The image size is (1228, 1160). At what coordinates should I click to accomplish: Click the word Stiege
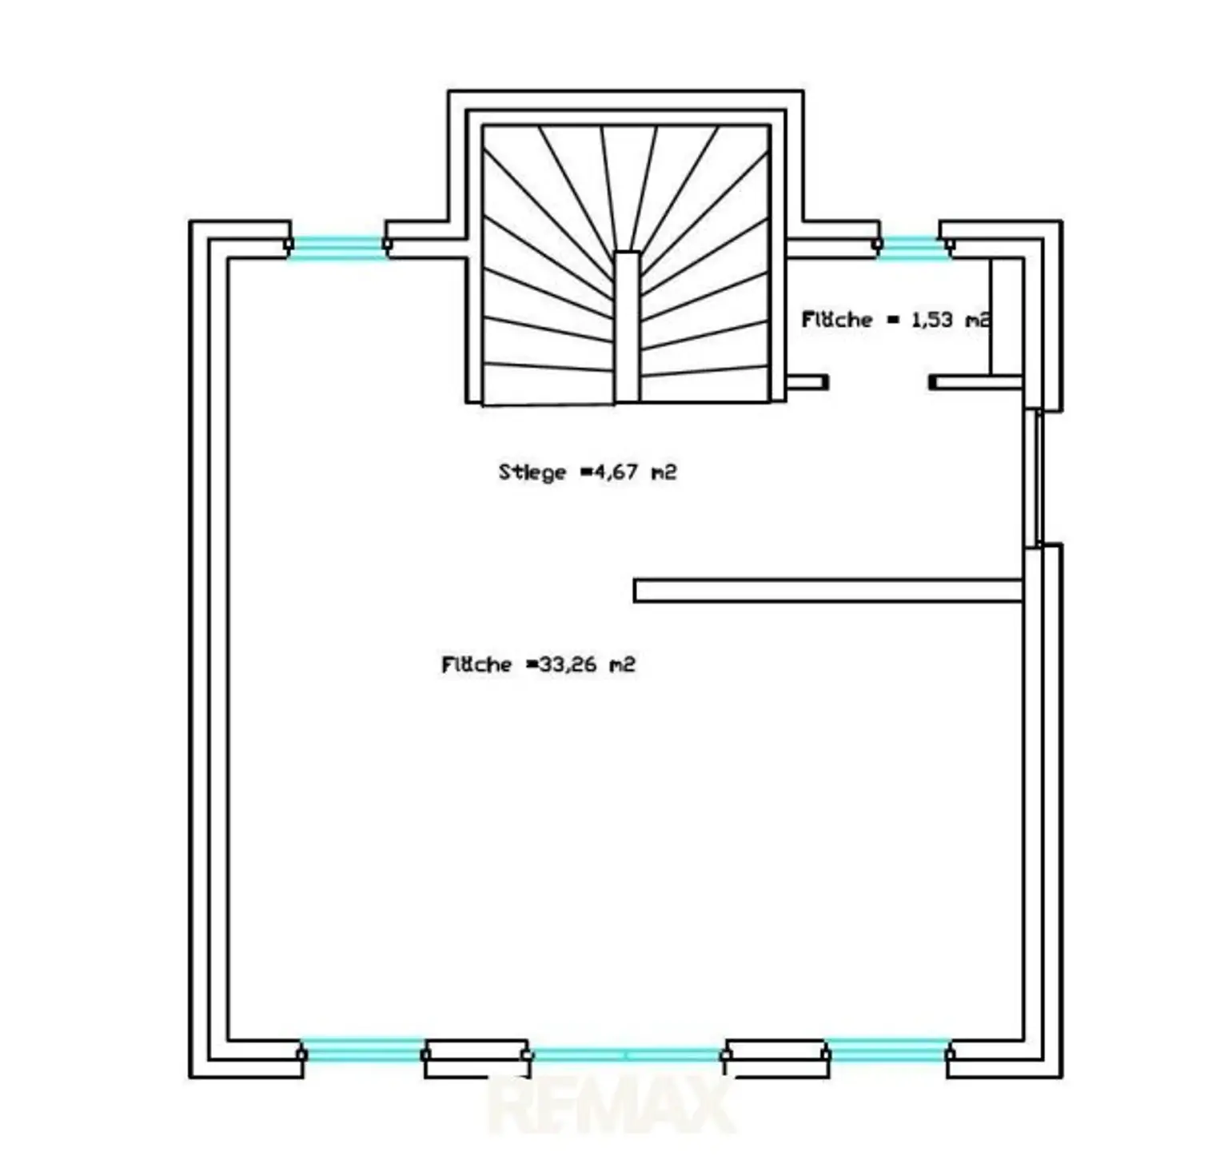(x=532, y=472)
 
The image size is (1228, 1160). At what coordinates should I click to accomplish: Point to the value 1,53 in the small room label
(x=932, y=319)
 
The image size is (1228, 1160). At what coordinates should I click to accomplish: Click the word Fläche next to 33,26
(x=476, y=664)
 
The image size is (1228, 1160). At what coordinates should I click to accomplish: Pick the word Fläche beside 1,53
(x=837, y=319)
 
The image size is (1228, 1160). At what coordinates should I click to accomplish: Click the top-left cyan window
(x=337, y=247)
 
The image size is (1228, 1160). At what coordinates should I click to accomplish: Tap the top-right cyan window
(x=911, y=247)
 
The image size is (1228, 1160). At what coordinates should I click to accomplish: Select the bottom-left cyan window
(x=363, y=1051)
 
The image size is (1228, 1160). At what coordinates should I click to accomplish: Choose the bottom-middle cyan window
(x=625, y=1055)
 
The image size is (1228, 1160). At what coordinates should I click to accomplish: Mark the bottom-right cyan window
(x=887, y=1051)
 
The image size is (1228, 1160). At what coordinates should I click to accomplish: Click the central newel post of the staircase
(x=627, y=326)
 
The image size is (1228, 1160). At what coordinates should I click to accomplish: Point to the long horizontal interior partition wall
(x=828, y=590)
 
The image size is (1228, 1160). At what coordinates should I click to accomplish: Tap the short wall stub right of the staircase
(x=807, y=382)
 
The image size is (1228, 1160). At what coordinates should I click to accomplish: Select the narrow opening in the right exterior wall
(x=1035, y=478)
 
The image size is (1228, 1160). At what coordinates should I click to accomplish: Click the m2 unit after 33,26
(x=622, y=664)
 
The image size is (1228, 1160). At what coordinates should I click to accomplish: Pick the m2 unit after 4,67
(x=664, y=472)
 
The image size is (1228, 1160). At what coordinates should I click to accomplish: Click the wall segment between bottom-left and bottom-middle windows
(x=476, y=1058)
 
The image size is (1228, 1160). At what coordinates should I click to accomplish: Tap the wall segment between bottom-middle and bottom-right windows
(x=775, y=1058)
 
